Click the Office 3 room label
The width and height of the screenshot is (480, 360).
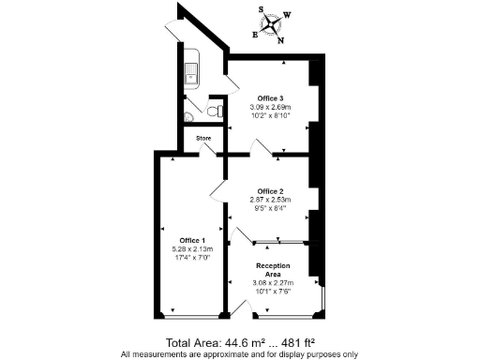point(272,97)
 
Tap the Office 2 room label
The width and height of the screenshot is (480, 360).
point(272,192)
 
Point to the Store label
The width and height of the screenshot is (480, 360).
point(203,139)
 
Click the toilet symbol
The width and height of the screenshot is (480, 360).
point(216,111)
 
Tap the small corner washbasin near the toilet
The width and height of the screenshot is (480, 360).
point(189,117)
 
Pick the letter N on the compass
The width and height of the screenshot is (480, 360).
point(280,39)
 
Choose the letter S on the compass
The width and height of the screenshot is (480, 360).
point(263,8)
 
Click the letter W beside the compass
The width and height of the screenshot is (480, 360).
point(288,15)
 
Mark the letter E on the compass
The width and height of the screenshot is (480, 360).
point(255,33)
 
